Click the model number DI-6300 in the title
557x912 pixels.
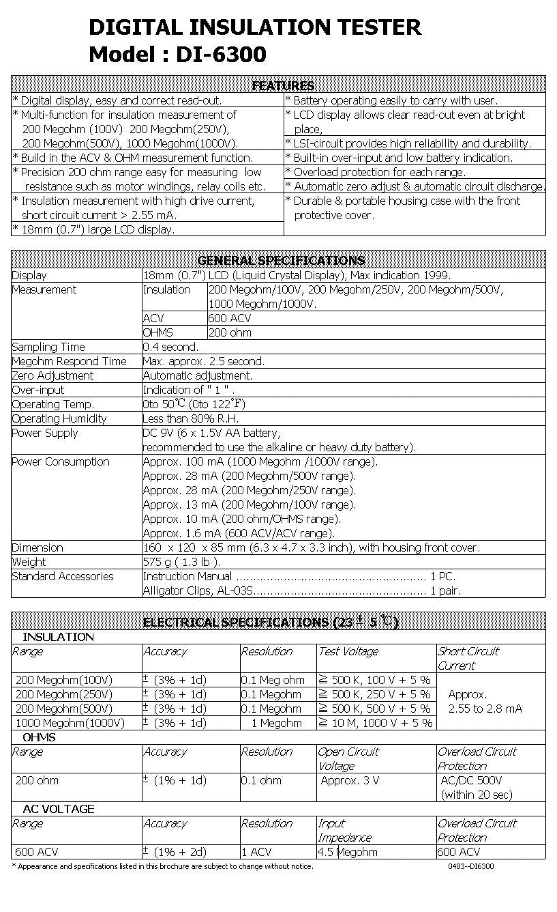pos(221,54)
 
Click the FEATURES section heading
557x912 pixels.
pos(283,85)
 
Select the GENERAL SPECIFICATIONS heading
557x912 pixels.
pos(281,260)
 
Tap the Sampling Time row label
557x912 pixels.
pos(48,347)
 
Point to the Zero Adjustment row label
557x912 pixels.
pos(52,375)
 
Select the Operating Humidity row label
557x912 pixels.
pos(59,418)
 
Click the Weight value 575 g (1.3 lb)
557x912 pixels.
pos(181,562)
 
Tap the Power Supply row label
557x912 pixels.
pos(45,433)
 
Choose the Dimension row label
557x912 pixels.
pos(37,547)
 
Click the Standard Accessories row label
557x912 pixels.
pos(63,576)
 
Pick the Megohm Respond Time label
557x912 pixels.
pos(69,361)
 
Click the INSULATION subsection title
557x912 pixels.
pos(58,637)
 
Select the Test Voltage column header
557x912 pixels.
pos(348,651)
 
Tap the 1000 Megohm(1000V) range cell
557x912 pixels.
pos(70,723)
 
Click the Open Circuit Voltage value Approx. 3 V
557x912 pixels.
pos(350,780)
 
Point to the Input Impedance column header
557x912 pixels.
pos(344,831)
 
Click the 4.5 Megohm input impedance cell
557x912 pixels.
pos(348,852)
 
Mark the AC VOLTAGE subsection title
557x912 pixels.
pos(58,809)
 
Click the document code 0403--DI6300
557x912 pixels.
pos(470,866)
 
